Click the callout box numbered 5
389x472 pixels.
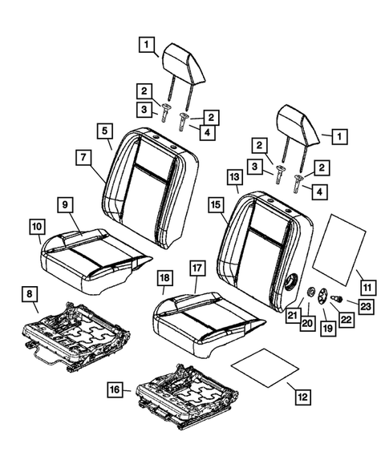106,131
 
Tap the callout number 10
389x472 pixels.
37,228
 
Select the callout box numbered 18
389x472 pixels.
164,278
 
